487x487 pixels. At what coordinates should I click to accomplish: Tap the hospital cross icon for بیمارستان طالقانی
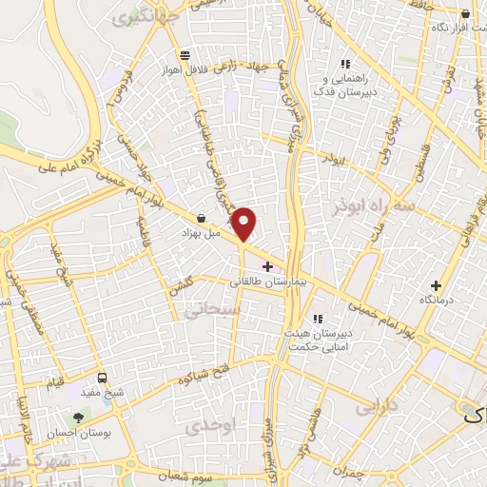[x=267, y=267]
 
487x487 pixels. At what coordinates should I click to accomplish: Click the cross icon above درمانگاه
[x=437, y=284]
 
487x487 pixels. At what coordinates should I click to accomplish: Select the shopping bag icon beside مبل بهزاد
[x=201, y=218]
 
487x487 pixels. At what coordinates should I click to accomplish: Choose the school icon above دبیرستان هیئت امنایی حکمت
[x=318, y=320]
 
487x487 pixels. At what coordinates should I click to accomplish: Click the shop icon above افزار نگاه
[x=464, y=14]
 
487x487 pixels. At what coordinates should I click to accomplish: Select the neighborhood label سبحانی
[x=207, y=307]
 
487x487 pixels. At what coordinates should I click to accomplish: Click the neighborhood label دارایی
[x=378, y=407]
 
